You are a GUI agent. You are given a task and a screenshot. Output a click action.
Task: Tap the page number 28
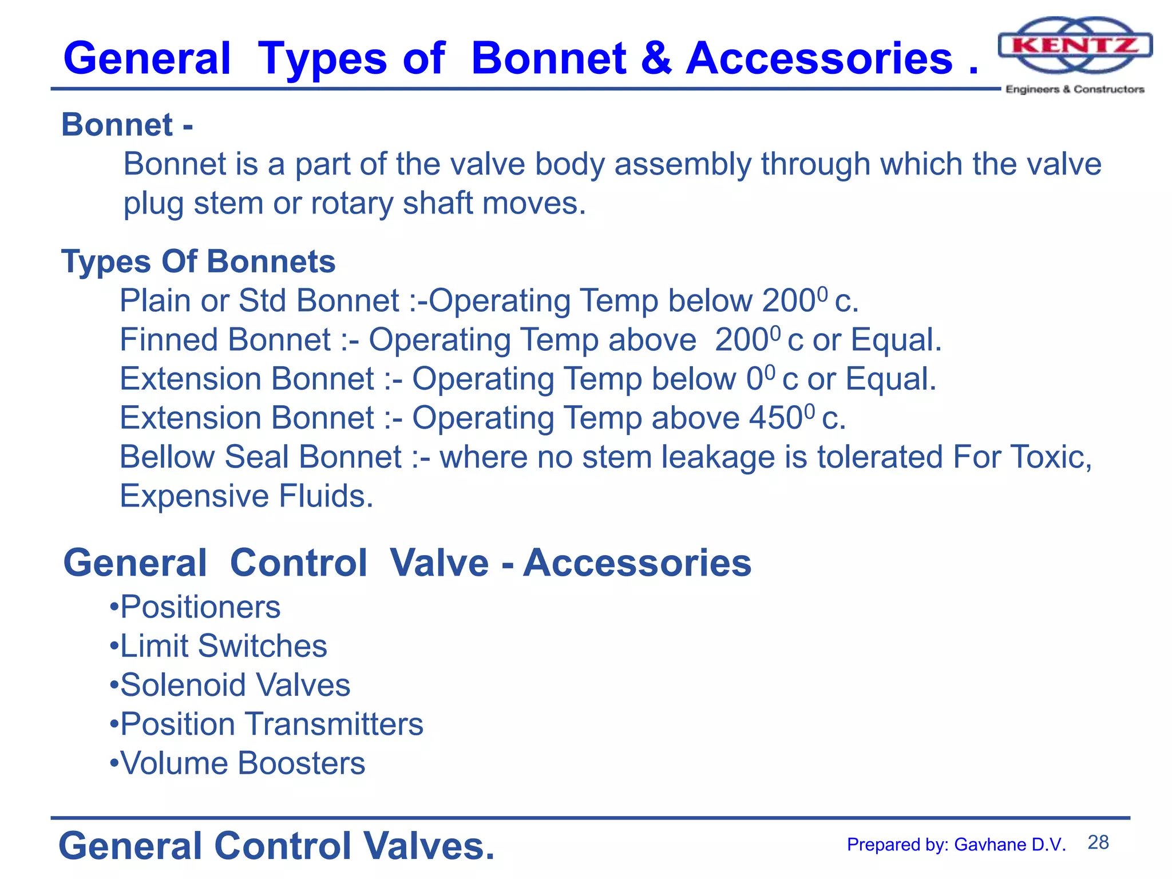point(1098,842)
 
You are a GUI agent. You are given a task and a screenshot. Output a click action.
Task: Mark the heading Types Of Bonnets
point(198,262)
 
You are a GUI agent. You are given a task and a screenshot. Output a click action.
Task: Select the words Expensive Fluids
point(246,496)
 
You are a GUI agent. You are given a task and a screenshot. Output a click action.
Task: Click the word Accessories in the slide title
point(819,59)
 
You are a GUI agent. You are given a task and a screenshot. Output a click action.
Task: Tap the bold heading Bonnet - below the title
point(127,125)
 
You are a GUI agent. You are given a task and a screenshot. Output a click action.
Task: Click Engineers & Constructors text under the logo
point(1075,89)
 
